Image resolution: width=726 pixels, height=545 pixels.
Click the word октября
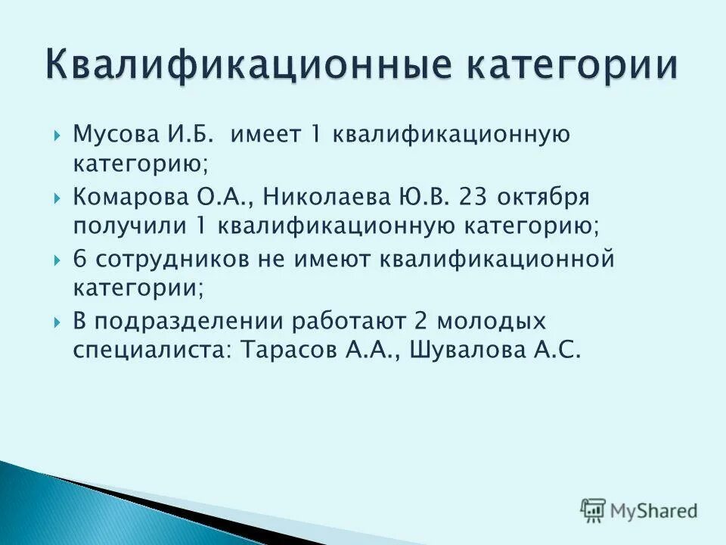point(545,198)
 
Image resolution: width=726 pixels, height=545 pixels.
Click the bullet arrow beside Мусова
point(59,136)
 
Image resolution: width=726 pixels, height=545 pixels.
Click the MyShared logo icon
point(593,510)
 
